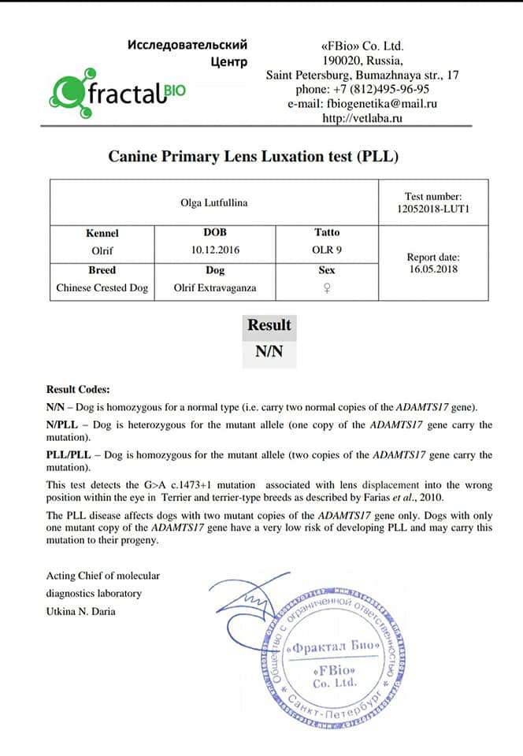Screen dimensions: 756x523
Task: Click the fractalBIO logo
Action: (118, 94)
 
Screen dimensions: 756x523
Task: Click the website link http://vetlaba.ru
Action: (362, 118)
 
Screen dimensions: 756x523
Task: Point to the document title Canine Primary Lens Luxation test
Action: (254, 156)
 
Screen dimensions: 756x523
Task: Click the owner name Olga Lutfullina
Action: (214, 203)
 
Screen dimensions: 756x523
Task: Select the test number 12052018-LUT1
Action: (433, 210)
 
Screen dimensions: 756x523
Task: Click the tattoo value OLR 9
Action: (327, 250)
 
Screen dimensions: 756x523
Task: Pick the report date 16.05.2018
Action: (433, 269)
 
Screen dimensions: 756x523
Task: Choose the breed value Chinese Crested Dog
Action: (102, 287)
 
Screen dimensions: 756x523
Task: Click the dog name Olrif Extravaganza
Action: (215, 287)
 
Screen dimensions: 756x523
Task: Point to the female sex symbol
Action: (327, 287)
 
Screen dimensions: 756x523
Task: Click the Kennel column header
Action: (102, 233)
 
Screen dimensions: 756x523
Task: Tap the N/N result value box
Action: (269, 352)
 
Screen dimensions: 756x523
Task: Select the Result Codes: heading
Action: (79, 389)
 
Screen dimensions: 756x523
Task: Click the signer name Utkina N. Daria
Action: (81, 610)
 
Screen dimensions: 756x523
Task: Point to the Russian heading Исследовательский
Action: (187, 45)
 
